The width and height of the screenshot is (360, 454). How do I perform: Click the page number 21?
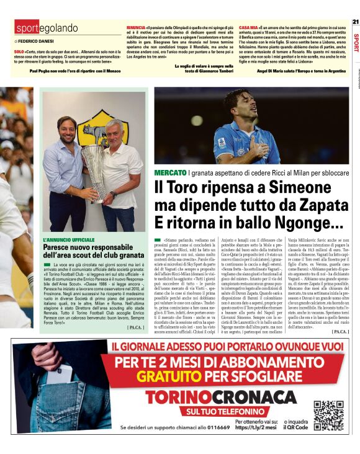coord(355,22)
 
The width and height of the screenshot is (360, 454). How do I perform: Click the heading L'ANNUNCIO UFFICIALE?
coord(69,239)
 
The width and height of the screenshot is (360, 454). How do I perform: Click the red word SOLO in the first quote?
coord(19,51)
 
